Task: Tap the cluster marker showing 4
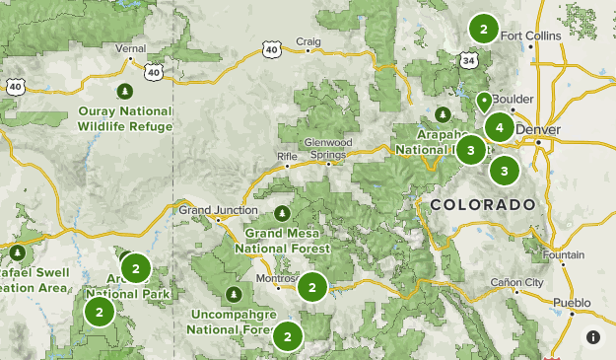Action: click(500, 127)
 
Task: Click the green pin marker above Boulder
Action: click(483, 101)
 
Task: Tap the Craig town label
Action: click(309, 40)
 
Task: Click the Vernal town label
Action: click(130, 47)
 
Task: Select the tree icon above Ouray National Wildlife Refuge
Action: click(125, 92)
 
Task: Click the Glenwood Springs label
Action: click(328, 149)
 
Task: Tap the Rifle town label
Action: click(287, 156)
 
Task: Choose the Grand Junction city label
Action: click(218, 209)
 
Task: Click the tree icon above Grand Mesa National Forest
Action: click(283, 212)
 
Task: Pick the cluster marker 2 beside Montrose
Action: click(311, 287)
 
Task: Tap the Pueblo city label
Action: click(572, 302)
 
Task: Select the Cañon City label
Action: click(517, 283)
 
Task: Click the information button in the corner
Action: click(592, 336)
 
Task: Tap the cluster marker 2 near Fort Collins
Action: click(483, 29)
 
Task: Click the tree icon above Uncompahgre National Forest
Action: click(234, 294)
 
